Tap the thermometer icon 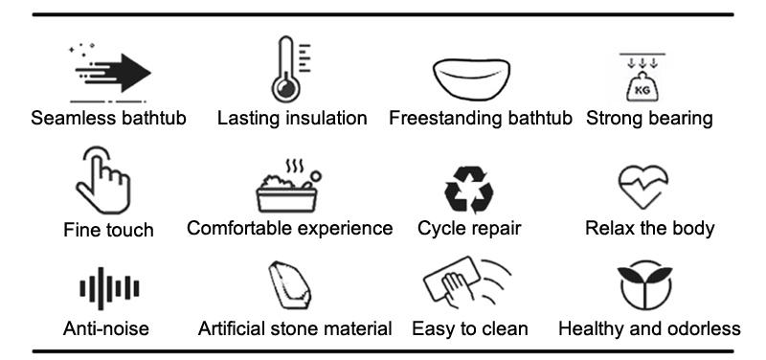pos(285,70)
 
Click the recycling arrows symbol pos(469,188)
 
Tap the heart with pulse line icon pos(642,187)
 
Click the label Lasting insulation pos(292,119)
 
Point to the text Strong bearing pos(649,119)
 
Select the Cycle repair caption pos(469,228)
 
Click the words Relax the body pos(649,228)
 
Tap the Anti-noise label pos(105,329)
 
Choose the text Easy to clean pos(469,328)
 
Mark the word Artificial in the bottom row pos(230,328)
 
